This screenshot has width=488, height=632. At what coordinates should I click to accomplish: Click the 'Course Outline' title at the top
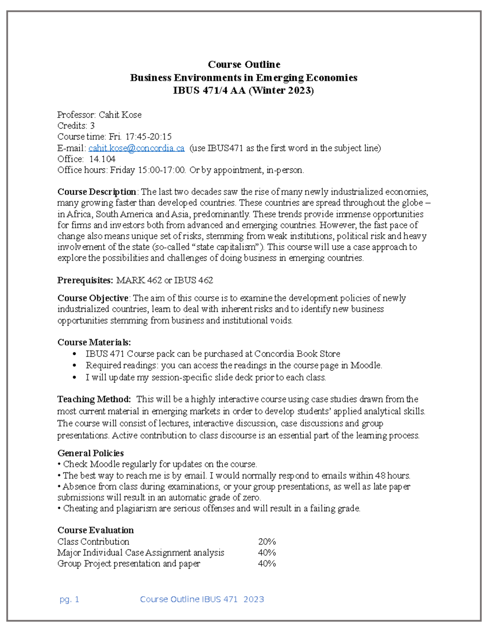pyautogui.click(x=244, y=64)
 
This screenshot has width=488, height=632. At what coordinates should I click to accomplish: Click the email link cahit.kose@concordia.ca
pyautogui.click(x=136, y=148)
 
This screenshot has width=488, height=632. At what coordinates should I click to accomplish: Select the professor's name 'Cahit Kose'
pyautogui.click(x=120, y=115)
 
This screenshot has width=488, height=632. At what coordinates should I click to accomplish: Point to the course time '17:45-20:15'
pyautogui.click(x=148, y=137)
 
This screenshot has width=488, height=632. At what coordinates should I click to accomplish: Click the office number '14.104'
pyautogui.click(x=102, y=159)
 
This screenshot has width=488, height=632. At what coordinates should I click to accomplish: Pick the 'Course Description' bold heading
pyautogui.click(x=97, y=192)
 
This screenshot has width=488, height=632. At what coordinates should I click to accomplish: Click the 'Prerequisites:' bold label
pyautogui.click(x=85, y=280)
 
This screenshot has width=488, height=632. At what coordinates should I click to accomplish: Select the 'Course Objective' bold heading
pyautogui.click(x=93, y=298)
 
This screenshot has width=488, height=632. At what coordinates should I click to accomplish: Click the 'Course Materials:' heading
pyautogui.click(x=94, y=342)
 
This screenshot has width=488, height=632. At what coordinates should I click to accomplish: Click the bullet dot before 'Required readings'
pyautogui.click(x=74, y=366)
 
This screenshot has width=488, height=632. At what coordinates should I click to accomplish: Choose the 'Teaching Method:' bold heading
pyautogui.click(x=94, y=399)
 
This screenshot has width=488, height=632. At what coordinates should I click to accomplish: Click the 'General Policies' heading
pyautogui.click(x=91, y=453)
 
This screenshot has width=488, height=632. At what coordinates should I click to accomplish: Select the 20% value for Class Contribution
pyautogui.click(x=267, y=542)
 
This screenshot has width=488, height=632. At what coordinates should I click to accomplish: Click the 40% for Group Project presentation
pyautogui.click(x=267, y=564)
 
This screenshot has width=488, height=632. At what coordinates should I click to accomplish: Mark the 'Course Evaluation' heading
pyautogui.click(x=96, y=530)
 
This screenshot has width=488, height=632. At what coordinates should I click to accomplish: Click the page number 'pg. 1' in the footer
pyautogui.click(x=69, y=599)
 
